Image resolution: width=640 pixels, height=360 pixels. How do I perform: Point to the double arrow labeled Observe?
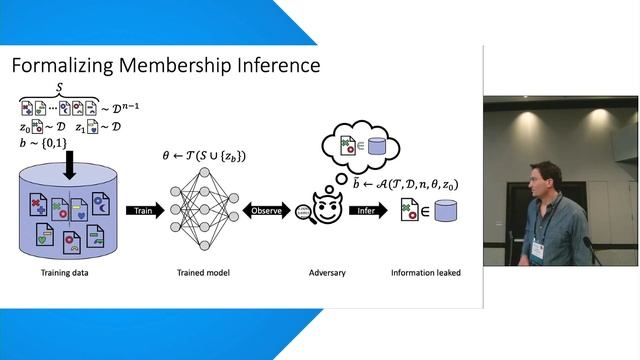coord(264,211)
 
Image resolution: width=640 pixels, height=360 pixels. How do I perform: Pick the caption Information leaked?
coord(426,271)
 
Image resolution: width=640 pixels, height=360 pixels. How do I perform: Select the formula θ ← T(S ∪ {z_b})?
coord(204,156)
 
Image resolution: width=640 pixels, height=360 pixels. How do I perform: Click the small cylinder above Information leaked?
coord(445,211)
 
